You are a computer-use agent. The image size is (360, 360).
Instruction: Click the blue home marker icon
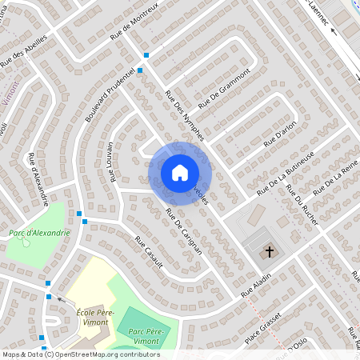coord(180,172)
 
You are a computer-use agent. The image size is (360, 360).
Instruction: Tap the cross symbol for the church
coord(270,252)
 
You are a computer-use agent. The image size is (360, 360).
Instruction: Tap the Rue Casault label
coord(149,252)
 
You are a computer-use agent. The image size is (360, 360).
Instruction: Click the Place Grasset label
coord(263,326)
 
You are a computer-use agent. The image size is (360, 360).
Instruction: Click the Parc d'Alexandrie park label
coord(39,233)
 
